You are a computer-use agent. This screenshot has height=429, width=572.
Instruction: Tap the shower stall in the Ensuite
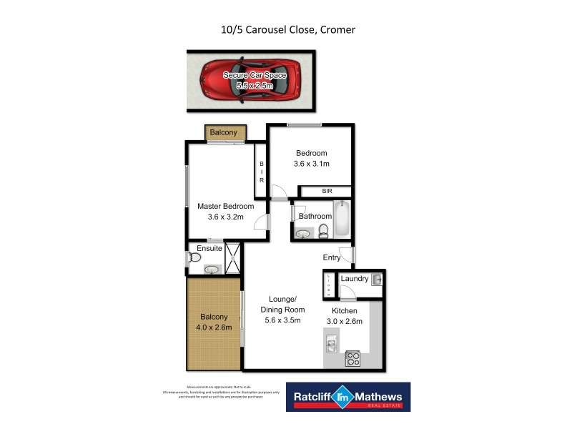coord(233,260)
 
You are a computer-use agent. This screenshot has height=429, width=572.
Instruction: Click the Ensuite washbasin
coord(212,269)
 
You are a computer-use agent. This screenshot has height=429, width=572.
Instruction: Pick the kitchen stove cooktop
coord(352,358)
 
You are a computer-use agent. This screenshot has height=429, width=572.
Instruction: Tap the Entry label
coord(332,257)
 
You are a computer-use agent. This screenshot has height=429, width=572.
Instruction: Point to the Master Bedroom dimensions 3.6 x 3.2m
coord(226,217)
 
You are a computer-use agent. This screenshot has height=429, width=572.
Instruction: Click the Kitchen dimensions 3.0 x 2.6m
coord(344,321)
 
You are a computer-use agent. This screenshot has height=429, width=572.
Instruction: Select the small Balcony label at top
coord(223,132)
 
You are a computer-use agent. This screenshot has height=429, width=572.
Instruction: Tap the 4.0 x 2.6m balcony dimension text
coord(214,327)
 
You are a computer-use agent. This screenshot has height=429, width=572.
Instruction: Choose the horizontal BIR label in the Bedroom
coord(327,192)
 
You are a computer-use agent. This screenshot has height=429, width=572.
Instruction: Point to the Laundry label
coord(354,279)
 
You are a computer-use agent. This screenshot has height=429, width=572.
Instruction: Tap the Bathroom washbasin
coord(303,233)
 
